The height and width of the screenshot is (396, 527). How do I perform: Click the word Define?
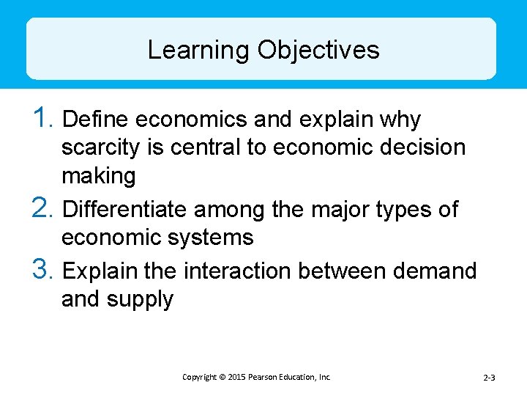pyautogui.click(x=97, y=120)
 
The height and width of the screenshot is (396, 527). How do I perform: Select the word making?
pyautogui.click(x=99, y=177)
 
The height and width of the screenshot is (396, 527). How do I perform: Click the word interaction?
pyautogui.click(x=239, y=271)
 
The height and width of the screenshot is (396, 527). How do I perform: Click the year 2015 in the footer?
pyautogui.click(x=236, y=377)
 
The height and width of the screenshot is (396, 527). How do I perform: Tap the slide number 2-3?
pyautogui.click(x=489, y=378)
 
